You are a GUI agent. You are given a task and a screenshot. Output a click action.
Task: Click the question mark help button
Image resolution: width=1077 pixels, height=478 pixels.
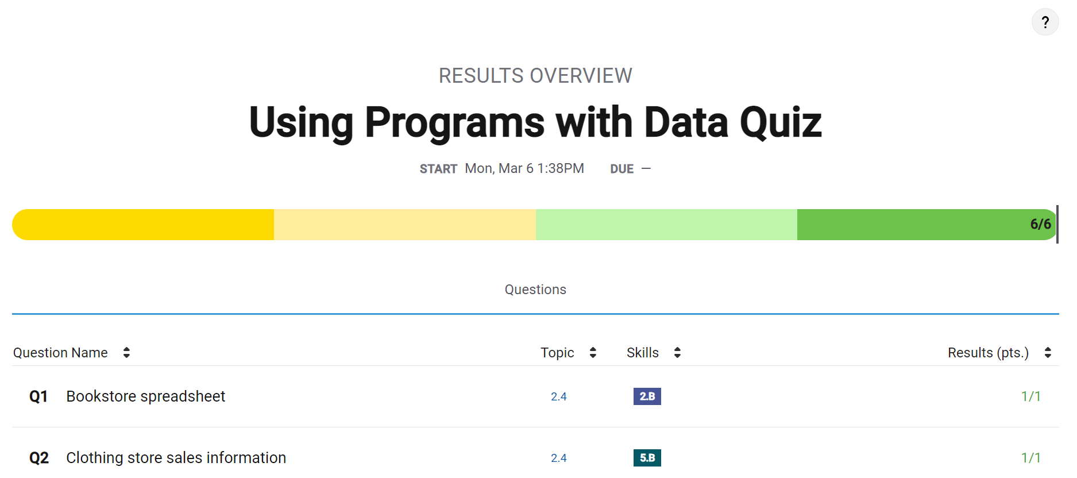coord(1045,22)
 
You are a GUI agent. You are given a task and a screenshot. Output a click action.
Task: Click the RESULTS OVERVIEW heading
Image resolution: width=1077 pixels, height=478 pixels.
coord(535,75)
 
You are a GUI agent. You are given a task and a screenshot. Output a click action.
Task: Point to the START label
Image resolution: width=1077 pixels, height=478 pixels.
coord(438,169)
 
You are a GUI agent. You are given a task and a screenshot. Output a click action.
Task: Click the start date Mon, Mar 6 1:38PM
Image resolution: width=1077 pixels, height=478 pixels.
coord(524,168)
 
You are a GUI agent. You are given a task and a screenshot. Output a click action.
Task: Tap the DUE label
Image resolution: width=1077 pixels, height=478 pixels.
coord(622,169)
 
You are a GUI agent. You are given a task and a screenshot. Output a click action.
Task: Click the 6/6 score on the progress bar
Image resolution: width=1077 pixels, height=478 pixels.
coord(1040,224)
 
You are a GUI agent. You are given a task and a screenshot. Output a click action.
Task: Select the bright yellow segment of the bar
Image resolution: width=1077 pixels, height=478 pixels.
coord(144,225)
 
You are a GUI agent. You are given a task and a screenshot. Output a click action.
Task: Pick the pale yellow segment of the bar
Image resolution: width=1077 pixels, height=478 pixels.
coord(404,225)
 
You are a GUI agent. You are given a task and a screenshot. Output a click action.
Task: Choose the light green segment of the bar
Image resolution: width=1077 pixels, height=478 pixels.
coord(666,225)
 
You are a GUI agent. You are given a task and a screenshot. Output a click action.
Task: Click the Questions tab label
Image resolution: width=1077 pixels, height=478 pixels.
coord(535,290)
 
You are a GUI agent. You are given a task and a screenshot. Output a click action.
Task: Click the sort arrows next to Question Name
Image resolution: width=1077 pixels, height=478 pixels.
coord(126,353)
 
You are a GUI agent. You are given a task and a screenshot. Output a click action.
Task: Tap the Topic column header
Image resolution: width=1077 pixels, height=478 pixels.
coord(557,353)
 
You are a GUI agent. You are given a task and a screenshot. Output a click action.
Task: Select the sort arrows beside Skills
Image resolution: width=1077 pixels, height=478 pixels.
coord(677,353)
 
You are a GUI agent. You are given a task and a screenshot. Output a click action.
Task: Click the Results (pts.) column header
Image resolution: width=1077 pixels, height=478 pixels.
coord(988,353)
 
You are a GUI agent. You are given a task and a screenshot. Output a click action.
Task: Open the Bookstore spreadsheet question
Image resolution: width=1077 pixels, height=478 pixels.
coord(145,396)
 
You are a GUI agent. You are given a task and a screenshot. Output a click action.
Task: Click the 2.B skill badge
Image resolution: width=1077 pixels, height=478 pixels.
coord(647,396)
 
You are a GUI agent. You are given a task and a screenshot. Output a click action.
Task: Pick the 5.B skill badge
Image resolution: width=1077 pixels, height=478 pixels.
coord(647,458)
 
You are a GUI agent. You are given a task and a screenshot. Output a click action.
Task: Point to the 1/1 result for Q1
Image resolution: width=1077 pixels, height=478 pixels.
coord(1030,396)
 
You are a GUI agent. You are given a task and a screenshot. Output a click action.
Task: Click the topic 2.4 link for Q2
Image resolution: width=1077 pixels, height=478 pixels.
coord(558,458)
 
